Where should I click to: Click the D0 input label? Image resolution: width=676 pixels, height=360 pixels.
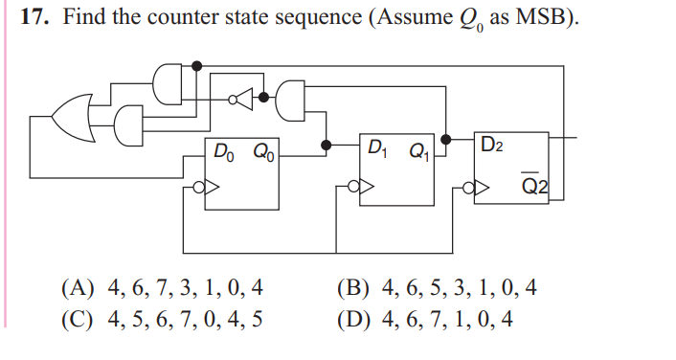coord(222,150)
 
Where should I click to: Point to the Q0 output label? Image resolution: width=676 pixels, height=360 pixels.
coord(262,150)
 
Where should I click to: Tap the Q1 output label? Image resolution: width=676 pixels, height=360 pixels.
coord(418,149)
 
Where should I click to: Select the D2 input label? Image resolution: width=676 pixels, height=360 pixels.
coord(493,146)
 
